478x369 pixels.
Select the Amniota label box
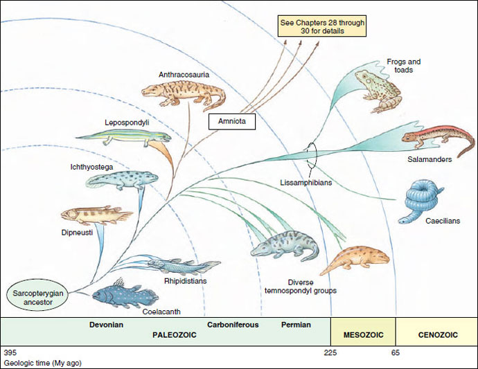(233, 122)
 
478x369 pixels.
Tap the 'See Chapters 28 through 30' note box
(321, 26)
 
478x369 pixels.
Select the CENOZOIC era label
(437, 334)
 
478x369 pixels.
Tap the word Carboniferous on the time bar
(232, 324)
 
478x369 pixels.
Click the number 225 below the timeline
(330, 352)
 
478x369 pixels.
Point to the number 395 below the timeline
(10, 352)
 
